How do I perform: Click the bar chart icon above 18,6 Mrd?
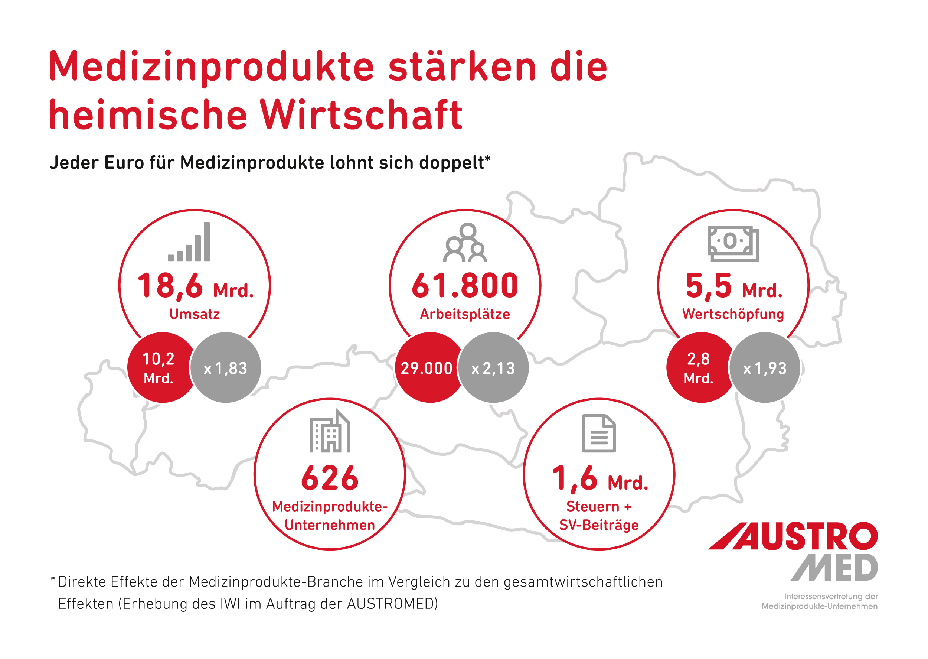click(x=189, y=242)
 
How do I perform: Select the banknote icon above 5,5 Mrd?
click(x=733, y=243)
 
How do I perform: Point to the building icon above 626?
click(x=330, y=431)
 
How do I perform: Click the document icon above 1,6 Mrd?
click(x=598, y=433)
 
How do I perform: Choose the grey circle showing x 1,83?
click(x=226, y=368)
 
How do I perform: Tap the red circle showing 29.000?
click(x=428, y=368)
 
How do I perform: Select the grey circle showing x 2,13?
click(x=493, y=368)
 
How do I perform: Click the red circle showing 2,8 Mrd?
click(x=699, y=368)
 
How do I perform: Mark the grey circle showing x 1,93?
click(x=765, y=368)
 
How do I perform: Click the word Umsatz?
click(x=195, y=314)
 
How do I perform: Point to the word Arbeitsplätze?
click(x=465, y=314)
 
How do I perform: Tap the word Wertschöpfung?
click(x=733, y=314)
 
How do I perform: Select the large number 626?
click(x=330, y=478)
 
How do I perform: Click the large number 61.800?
click(x=465, y=286)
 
